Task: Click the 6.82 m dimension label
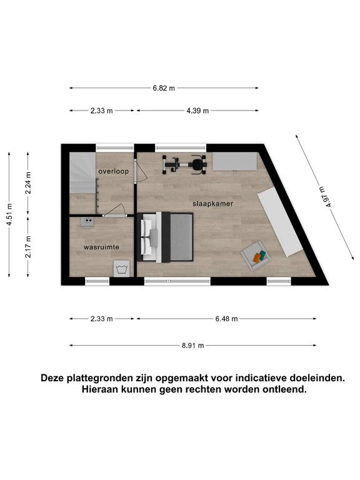164,88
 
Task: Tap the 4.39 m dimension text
197,111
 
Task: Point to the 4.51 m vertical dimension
10,214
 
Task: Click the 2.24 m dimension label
28,182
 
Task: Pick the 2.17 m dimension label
28,247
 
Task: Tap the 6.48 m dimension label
226,319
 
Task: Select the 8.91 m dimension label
193,346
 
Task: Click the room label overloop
114,171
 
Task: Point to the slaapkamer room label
212,204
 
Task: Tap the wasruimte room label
101,247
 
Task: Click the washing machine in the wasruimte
121,269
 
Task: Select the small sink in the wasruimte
87,221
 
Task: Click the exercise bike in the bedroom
184,165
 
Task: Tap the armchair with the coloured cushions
255,256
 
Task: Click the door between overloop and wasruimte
114,211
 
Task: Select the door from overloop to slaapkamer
141,171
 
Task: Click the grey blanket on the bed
181,237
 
